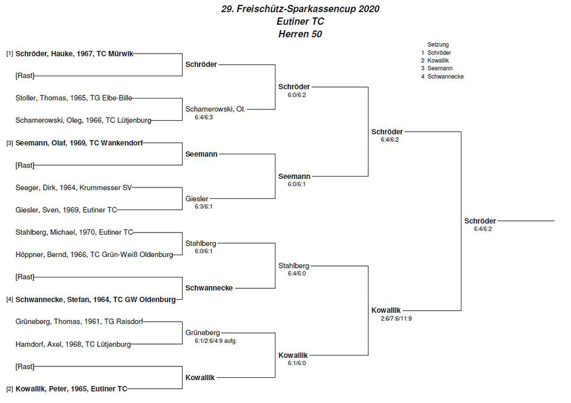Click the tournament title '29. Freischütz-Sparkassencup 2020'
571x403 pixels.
click(300, 9)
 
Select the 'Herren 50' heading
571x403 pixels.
click(300, 34)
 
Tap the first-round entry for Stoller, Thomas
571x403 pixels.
click(74, 98)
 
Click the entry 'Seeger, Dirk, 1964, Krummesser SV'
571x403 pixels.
click(73, 187)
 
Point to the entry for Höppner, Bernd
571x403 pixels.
click(94, 255)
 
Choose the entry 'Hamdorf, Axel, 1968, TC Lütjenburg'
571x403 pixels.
click(73, 344)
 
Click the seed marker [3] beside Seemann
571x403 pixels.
click(10, 144)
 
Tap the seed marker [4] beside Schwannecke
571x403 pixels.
click(10, 300)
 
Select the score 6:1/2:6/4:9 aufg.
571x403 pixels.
click(216, 341)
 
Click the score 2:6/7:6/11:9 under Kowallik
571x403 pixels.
click(396, 319)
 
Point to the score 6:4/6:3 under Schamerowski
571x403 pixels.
click(204, 118)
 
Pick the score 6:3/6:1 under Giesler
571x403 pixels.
click(204, 207)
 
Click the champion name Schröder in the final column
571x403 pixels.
click(480, 221)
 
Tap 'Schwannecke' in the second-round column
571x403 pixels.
click(209, 288)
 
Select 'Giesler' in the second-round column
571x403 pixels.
click(197, 199)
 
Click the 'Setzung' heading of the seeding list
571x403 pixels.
click(438, 44)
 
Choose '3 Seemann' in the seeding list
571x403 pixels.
click(436, 68)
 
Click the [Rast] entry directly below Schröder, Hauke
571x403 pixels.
click(25, 76)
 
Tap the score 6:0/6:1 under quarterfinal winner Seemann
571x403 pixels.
click(297, 184)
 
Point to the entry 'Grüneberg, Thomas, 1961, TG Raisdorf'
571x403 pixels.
click(79, 321)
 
